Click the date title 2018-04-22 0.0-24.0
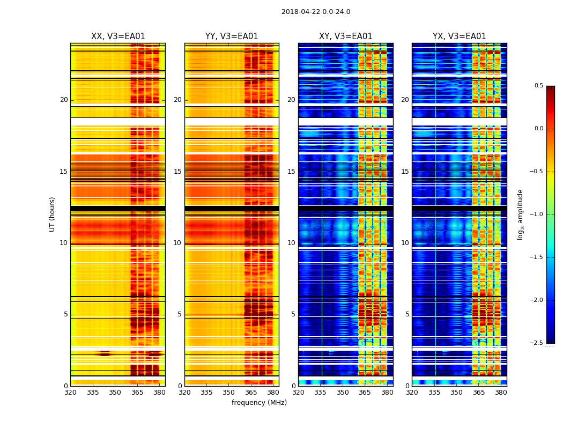tap(316, 12)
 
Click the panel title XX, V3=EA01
tap(118, 36)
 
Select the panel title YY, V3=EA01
tap(232, 36)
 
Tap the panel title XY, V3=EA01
tap(345, 36)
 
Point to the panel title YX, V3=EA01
tap(459, 36)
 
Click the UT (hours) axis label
tap(53, 214)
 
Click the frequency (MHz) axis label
tap(259, 403)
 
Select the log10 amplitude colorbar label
tap(520, 214)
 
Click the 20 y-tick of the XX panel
tap(64, 100)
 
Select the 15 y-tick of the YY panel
tap(177, 172)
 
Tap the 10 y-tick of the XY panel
tap(291, 243)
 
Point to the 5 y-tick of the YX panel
tap(407, 314)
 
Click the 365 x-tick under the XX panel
tap(137, 393)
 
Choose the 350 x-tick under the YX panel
tap(456, 393)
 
